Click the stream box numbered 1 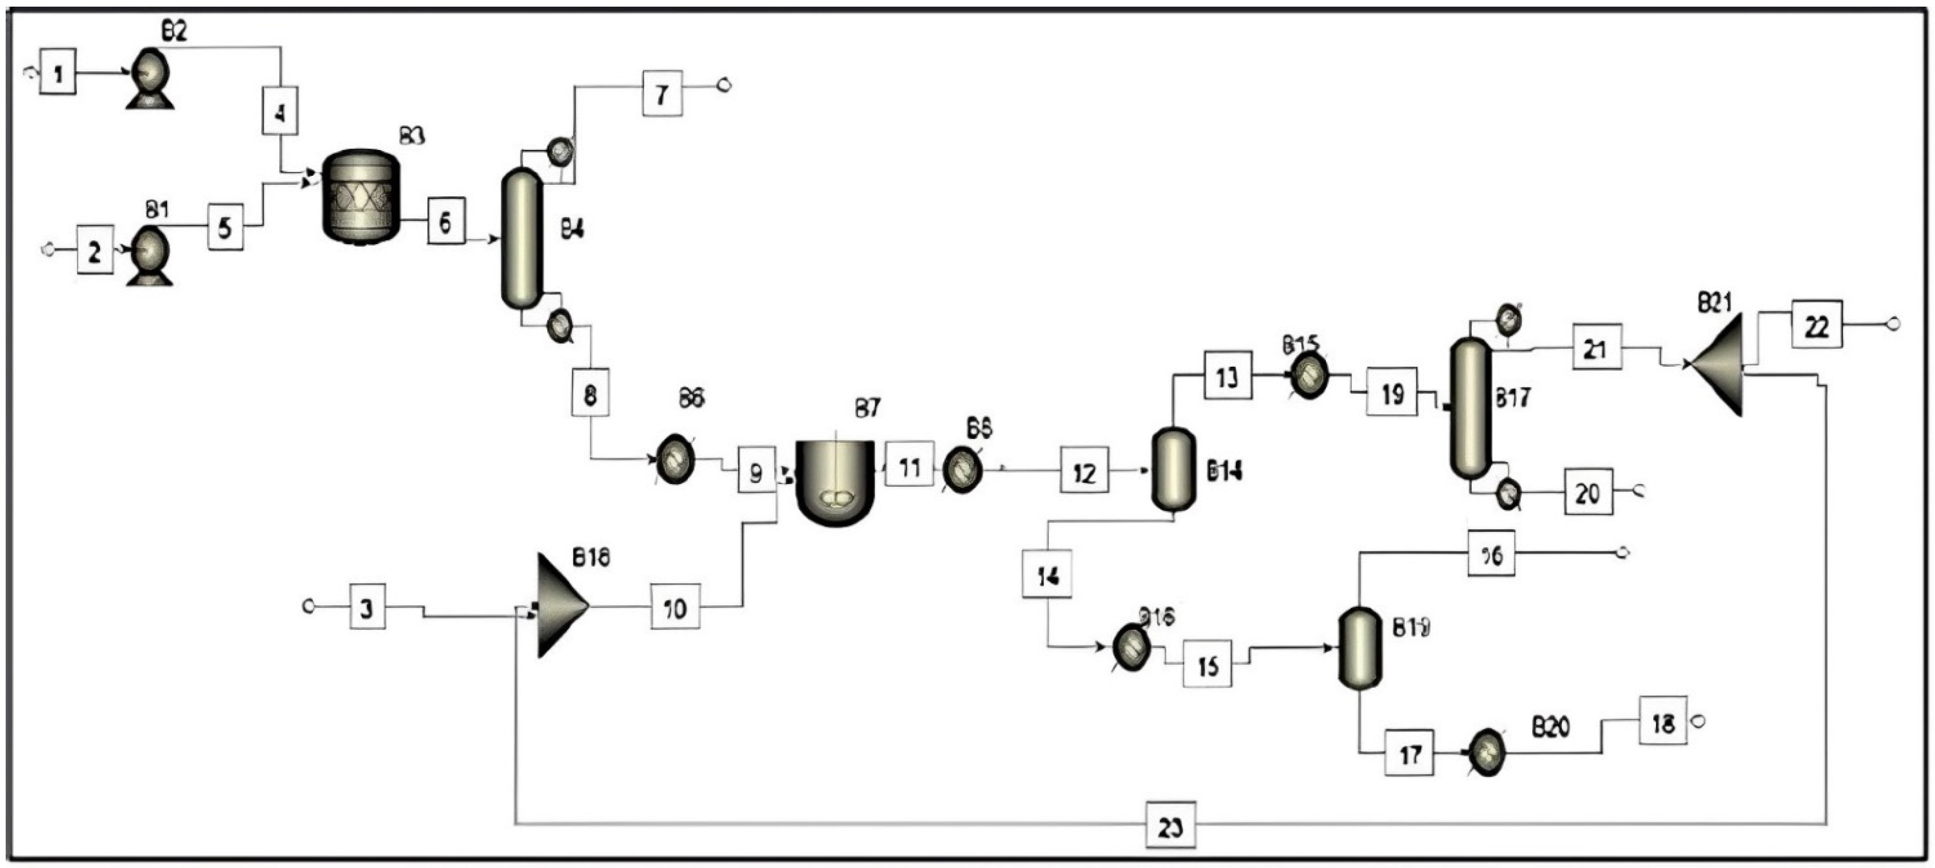coord(58,73)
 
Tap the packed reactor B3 coord(361,195)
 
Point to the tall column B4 coord(521,238)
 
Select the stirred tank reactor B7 coord(835,481)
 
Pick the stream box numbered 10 coord(675,607)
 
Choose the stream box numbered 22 coord(1816,324)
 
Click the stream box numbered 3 coord(367,607)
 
